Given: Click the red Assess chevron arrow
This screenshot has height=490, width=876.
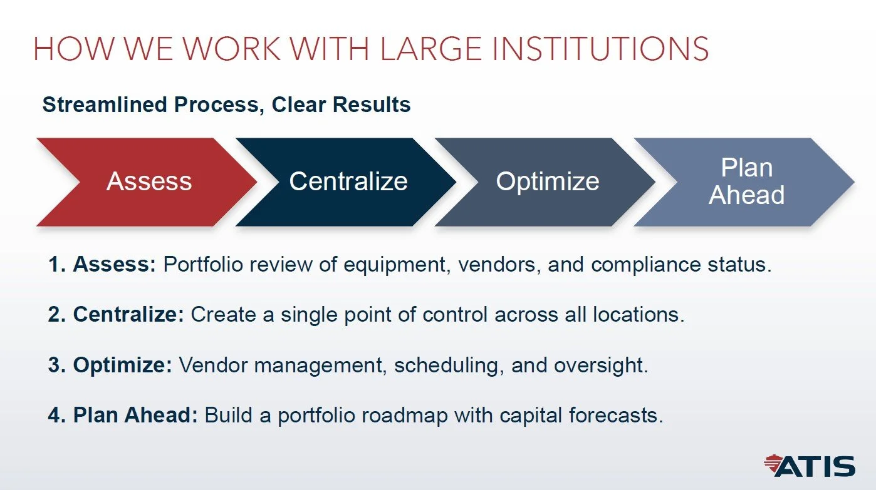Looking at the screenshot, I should [x=149, y=181].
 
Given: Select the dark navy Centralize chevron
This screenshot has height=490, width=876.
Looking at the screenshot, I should [x=348, y=181].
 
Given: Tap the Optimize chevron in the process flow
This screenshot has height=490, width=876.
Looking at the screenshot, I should [x=548, y=181].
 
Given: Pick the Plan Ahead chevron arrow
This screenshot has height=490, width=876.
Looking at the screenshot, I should [x=746, y=181].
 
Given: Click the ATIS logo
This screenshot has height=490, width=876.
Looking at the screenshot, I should [x=810, y=466].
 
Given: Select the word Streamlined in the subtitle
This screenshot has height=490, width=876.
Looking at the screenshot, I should [x=106, y=105].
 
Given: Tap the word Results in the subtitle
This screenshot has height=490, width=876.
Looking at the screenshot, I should [x=372, y=105].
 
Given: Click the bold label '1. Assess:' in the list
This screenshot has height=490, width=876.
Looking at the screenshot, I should [x=102, y=265].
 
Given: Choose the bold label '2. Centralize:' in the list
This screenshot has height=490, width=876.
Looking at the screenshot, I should [x=116, y=314].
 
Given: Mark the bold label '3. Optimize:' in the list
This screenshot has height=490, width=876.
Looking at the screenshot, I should [x=110, y=365].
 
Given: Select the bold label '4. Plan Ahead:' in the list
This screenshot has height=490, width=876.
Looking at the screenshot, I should [x=123, y=415].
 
